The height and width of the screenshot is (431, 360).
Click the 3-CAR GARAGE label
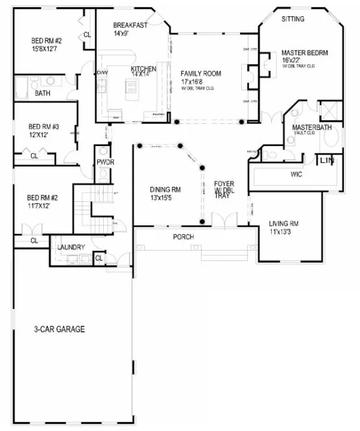coord(60,329)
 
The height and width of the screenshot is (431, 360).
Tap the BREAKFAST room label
coord(130,25)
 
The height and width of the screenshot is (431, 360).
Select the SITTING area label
coord(293,19)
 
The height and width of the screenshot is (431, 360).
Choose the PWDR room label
coord(105,162)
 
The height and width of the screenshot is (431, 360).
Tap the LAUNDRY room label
coord(71,247)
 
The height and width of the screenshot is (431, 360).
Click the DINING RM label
coord(165,190)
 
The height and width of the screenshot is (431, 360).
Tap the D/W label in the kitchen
coord(102,72)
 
